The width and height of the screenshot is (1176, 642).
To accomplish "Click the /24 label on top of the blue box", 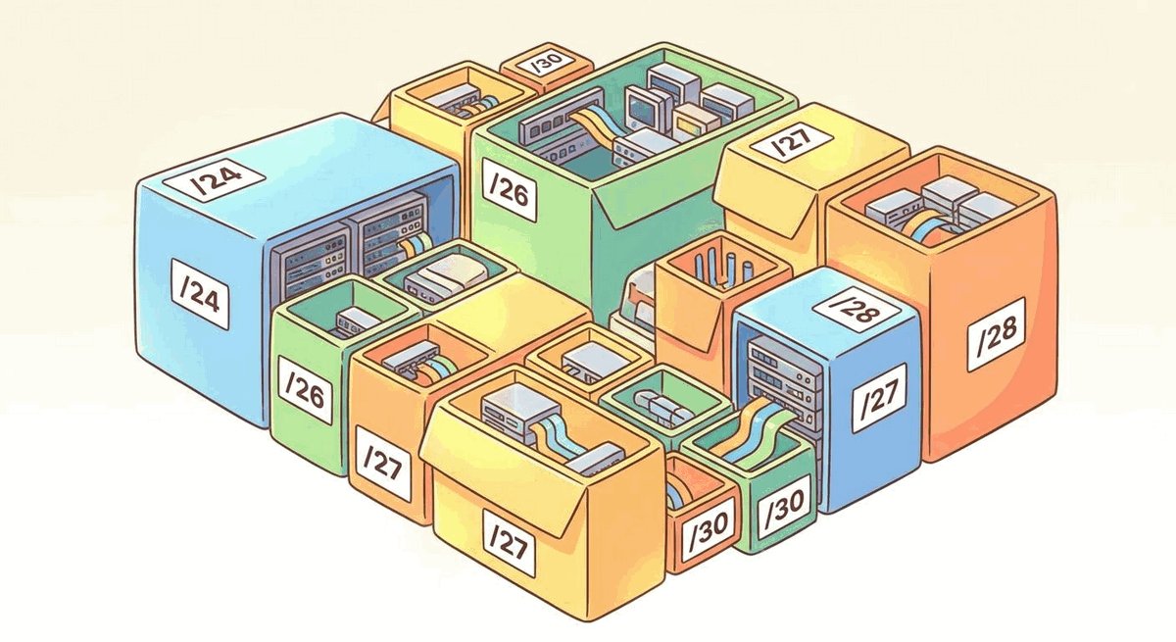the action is (214, 178).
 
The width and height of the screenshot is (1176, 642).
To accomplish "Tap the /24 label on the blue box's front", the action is (201, 294).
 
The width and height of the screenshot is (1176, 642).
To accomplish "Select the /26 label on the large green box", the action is (509, 190).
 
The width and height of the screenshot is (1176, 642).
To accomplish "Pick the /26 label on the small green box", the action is (306, 390).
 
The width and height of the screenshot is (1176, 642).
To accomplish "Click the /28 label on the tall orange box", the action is (996, 334).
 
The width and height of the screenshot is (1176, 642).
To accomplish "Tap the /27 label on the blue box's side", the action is (880, 397).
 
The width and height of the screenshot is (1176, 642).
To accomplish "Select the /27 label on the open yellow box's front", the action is (510, 543).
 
